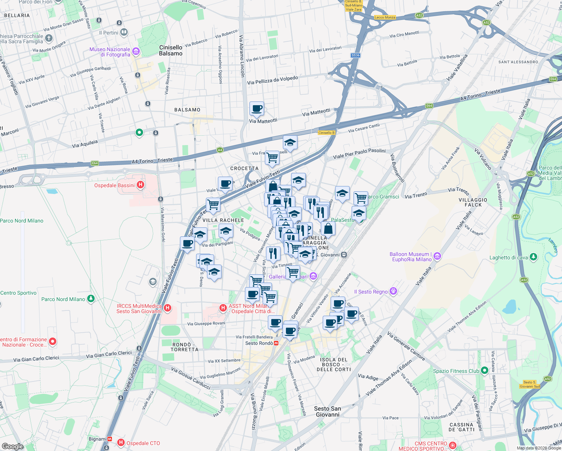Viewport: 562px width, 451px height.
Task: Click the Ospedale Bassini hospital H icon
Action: click(140, 185)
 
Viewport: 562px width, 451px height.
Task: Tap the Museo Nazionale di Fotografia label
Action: click(110, 52)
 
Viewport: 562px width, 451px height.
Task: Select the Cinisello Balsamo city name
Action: click(171, 50)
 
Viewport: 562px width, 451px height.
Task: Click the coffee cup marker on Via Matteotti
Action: click(257, 109)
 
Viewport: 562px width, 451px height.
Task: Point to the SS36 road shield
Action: click(355, 55)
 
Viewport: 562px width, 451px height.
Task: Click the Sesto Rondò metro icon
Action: click(276, 343)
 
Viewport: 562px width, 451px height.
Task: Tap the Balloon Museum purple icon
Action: click(437, 257)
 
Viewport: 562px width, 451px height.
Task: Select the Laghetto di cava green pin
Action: click(533, 257)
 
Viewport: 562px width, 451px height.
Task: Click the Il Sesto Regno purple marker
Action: click(393, 291)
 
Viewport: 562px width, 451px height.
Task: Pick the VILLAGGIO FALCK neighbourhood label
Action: click(473, 203)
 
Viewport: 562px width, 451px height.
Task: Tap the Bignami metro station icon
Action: click(110, 439)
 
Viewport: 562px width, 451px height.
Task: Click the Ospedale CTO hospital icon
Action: click(121, 443)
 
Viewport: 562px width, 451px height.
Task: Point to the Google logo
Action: click(12, 446)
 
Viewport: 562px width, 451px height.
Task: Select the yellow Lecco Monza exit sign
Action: click(385, 17)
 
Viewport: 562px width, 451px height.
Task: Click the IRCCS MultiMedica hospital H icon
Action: click(168, 308)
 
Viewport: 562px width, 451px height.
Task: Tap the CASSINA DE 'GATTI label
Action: click(462, 427)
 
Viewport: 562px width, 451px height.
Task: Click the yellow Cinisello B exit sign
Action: click(326, 133)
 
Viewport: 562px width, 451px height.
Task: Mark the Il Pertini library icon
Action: click(124, 33)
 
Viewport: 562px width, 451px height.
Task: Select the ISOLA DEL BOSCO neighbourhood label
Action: click(334, 365)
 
